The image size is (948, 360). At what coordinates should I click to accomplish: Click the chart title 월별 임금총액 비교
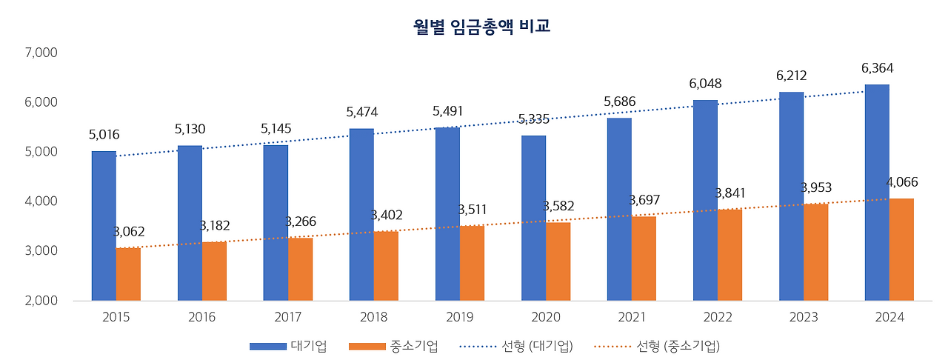point(481,26)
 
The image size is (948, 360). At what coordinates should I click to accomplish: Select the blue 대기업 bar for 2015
point(104,226)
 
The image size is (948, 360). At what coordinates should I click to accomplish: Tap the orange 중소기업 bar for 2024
point(901,250)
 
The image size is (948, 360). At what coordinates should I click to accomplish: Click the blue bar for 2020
point(533,218)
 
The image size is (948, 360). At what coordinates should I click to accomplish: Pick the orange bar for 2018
point(386,266)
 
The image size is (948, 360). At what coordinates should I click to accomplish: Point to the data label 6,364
point(878,68)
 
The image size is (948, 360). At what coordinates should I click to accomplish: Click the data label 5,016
point(104,135)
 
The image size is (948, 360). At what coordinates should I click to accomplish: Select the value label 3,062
point(129,231)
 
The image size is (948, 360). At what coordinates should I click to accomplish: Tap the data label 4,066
point(902,182)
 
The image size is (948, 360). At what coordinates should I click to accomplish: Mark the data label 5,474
point(362,112)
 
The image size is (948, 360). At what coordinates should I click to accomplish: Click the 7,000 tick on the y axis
point(41,53)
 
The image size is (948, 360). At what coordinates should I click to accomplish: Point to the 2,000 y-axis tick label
point(41,300)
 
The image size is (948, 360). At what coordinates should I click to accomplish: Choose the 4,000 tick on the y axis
point(41,201)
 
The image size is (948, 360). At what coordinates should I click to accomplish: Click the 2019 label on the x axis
point(460,317)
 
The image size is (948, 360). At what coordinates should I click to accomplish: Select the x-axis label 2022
point(718,317)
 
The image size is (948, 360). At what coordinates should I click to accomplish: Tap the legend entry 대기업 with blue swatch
point(288,346)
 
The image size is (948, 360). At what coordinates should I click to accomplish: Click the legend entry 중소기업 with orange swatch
point(393,346)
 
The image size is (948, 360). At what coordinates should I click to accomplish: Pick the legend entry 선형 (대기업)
point(516,346)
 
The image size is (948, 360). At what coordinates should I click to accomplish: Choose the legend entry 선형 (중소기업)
point(657,346)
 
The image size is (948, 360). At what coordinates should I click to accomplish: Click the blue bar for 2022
point(706,200)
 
